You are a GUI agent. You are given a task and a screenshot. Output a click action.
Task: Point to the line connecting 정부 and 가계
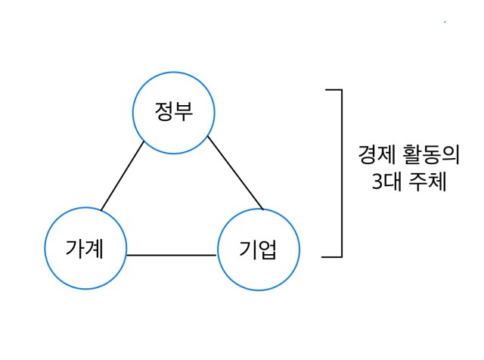123,175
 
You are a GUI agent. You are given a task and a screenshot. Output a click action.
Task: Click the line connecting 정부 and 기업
235,173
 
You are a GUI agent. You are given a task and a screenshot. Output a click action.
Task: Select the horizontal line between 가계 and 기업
172,256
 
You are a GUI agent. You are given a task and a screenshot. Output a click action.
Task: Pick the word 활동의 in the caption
431,154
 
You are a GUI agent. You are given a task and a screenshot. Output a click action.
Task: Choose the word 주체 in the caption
427,182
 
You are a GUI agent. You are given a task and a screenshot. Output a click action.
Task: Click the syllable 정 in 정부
164,111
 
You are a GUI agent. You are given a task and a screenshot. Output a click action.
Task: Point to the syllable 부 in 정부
184,111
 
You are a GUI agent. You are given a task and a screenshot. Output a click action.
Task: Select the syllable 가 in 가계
75,248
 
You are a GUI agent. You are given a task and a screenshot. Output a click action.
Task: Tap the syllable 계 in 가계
94,248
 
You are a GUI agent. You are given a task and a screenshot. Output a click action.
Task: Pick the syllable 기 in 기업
248,250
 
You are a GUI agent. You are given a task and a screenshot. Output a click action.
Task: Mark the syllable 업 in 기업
267,250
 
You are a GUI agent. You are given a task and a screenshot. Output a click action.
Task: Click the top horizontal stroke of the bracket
334,90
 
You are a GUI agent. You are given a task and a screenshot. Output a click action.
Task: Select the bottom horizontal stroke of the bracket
332,256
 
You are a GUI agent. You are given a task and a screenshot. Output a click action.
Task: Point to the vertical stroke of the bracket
342,173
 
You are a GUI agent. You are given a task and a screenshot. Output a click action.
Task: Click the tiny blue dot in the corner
445,22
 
